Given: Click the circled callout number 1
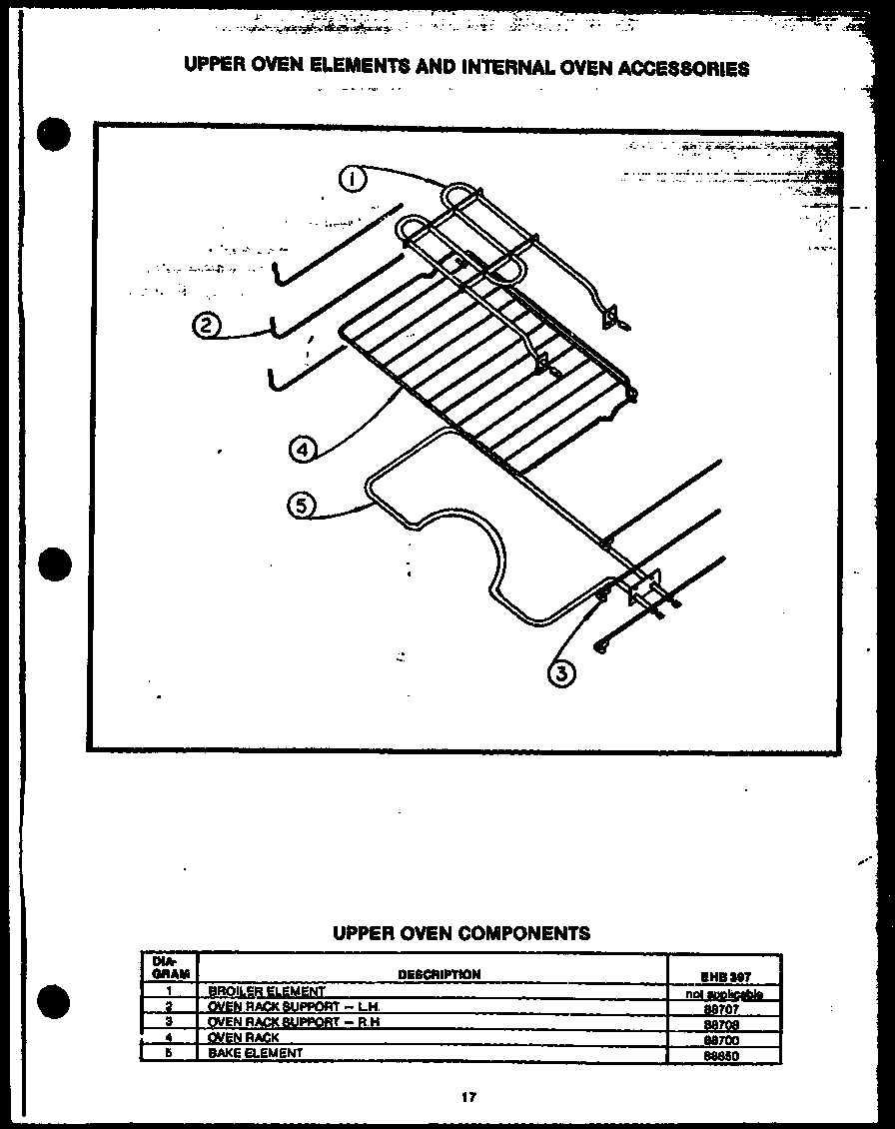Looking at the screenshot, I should click(354, 180).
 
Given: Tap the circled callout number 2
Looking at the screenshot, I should click(206, 328).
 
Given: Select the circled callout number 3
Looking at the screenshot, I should click(562, 674).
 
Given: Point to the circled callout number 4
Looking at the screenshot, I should click(303, 451).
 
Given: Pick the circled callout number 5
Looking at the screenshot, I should click(300, 506).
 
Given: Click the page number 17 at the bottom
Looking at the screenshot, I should click(467, 1097).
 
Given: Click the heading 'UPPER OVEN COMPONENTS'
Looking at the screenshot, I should click(460, 933).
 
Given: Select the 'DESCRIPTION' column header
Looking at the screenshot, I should click(439, 974).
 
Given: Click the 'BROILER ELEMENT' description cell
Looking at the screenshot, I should click(267, 991).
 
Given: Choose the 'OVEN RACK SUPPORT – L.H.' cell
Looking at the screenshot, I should click(294, 1007).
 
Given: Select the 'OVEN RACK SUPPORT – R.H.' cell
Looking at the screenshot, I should click(294, 1022).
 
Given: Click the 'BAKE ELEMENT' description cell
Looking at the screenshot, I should click(256, 1053).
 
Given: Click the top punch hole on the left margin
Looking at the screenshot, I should click(53, 134).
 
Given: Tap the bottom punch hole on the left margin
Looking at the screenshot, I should click(53, 1000).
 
